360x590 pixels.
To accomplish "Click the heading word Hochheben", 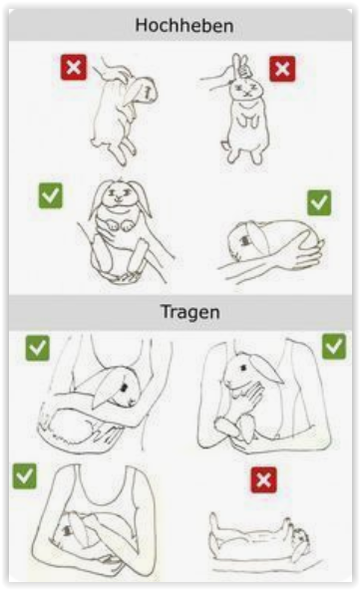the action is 184,26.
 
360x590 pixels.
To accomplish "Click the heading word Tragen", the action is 190,312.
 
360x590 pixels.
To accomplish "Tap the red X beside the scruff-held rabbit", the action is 74,68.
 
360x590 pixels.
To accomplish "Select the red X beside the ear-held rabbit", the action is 282,69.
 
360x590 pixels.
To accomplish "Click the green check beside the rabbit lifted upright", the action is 51,195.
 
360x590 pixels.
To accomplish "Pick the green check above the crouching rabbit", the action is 319,202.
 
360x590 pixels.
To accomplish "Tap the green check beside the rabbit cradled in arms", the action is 37,348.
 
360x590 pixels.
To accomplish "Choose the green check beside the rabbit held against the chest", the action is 334,346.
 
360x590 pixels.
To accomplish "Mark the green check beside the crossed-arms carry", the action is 25,476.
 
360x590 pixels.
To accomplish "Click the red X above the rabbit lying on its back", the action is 263,480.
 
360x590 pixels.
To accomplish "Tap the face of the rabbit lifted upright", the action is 119,194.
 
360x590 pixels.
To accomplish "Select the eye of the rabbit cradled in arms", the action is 123,387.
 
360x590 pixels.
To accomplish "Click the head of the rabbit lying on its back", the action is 299,539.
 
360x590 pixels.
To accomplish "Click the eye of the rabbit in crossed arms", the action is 68,530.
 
